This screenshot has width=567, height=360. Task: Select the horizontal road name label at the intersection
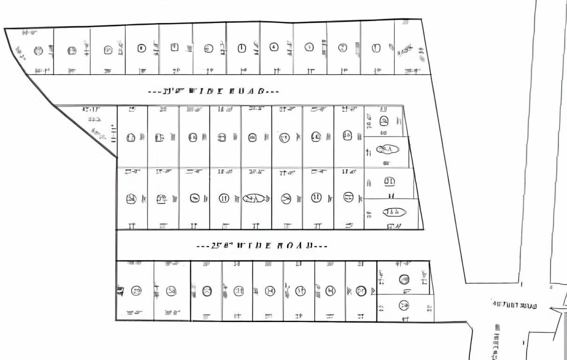click(514, 306)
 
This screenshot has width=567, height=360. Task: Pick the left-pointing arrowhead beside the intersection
click(552, 309)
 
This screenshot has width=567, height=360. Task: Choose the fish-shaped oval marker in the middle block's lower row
click(256, 199)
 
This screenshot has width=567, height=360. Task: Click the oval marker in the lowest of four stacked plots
click(394, 212)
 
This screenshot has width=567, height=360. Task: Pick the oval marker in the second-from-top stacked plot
click(388, 150)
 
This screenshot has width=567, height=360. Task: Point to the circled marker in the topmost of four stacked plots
click(384, 121)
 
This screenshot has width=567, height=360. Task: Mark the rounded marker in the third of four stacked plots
click(389, 181)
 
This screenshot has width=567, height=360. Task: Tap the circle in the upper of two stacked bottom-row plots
click(404, 279)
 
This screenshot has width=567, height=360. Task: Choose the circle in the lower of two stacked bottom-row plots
click(403, 306)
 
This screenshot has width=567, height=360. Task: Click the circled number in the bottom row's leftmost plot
click(136, 291)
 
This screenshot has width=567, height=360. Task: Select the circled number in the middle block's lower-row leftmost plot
click(131, 199)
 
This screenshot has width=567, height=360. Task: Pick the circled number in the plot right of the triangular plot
click(131, 138)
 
